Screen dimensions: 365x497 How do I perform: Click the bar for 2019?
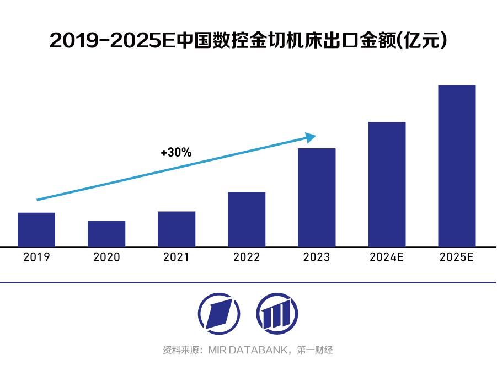tap(36, 229)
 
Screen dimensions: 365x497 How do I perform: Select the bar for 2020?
tap(106, 233)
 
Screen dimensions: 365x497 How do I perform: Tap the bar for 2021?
tap(177, 229)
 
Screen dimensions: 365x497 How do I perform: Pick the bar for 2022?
tap(247, 219)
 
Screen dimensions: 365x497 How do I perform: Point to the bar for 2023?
tap(317, 197)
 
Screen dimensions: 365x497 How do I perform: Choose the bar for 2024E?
tap(387, 184)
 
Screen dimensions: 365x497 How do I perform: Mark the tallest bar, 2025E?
tap(457, 165)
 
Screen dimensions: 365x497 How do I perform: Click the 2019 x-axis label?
tap(36, 257)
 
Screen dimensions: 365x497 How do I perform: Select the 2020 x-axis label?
tap(106, 257)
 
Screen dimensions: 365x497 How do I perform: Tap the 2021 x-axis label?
tap(177, 257)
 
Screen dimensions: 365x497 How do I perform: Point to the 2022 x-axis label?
tap(247, 257)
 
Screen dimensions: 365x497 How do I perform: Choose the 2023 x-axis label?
tap(317, 257)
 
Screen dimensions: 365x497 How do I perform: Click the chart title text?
tap(248, 41)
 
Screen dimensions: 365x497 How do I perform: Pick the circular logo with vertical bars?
tap(274, 313)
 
